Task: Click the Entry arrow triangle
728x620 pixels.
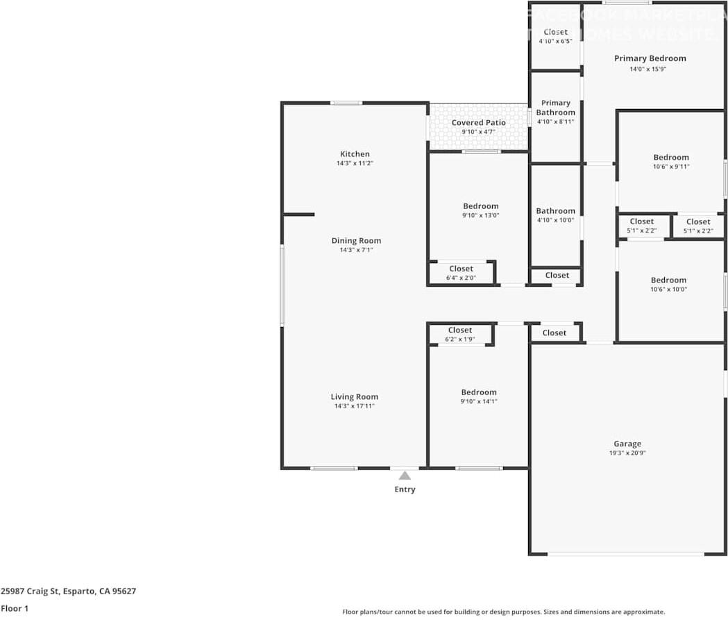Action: [x=405, y=476]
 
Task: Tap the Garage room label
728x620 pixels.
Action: [x=627, y=444]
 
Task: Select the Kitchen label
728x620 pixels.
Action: [x=355, y=154]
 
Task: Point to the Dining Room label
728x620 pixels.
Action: [x=356, y=241]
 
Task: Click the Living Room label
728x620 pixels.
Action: [x=354, y=397]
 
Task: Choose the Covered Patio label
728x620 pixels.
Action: [x=478, y=123]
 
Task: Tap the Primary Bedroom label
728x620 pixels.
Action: [x=650, y=58]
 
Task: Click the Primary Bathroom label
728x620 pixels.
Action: [x=556, y=108]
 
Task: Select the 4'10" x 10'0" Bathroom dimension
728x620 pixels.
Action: [x=555, y=220]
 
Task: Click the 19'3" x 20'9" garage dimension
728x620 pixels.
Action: [x=627, y=453]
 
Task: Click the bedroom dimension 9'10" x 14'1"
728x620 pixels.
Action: [x=479, y=401]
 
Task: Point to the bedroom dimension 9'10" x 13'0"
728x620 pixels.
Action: [x=481, y=215]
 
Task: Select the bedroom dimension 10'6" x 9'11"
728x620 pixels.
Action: [x=670, y=167]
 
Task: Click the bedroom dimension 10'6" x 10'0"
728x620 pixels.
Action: [x=668, y=290]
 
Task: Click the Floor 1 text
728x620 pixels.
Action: [x=15, y=609]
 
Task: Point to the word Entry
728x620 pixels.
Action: [x=405, y=489]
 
